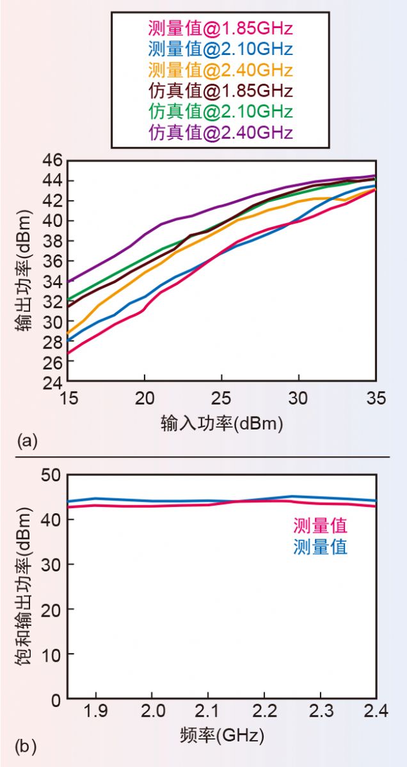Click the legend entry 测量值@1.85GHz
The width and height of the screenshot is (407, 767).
point(220,28)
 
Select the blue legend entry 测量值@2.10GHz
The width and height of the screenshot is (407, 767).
point(220,49)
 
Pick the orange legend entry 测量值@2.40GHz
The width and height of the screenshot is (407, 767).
point(220,69)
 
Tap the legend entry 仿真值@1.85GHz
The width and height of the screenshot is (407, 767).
point(220,90)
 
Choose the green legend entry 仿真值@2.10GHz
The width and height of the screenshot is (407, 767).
point(220,111)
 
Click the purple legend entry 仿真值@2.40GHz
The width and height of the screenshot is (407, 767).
point(220,132)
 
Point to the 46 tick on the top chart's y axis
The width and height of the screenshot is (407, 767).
point(51,160)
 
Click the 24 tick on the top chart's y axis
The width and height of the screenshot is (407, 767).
point(51,382)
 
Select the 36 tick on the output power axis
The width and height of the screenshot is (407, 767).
point(51,261)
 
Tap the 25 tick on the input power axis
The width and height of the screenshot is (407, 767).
point(221,398)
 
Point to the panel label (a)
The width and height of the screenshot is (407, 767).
point(28,440)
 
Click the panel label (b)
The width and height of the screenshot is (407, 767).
point(28,745)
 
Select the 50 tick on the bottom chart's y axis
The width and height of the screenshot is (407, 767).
point(51,475)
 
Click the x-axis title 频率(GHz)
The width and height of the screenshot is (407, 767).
point(221,736)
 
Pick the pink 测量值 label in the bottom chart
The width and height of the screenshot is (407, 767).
point(320,526)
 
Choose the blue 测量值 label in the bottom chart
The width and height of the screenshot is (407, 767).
point(320,547)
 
